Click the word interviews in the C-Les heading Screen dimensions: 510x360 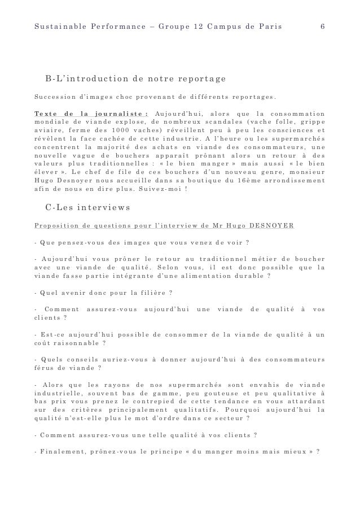click(106, 207)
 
